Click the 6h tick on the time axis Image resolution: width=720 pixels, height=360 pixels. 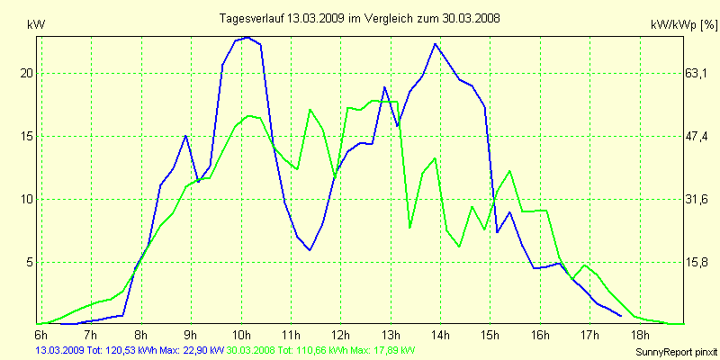[x=40, y=335]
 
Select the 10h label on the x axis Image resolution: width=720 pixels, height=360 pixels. [x=241, y=335]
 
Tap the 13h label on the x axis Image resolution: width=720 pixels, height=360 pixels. [x=391, y=335]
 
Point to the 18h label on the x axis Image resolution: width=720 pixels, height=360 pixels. [x=641, y=335]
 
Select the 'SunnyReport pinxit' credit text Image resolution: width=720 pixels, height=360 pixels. [x=676, y=350]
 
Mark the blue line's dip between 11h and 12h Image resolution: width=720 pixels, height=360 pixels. [x=310, y=250]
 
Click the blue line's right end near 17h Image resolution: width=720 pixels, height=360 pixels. [x=621, y=316]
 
